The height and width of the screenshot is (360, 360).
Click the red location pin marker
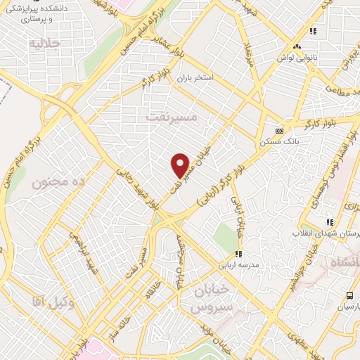[181, 165]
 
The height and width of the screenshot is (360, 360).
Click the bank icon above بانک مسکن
[280, 131]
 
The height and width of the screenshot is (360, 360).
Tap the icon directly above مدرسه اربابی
[238, 254]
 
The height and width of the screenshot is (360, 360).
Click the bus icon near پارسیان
[349, 296]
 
